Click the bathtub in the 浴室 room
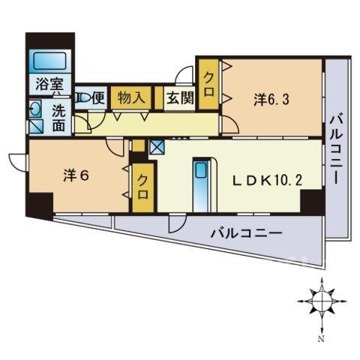[x=50, y=61]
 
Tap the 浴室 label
[x=49, y=84]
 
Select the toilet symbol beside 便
[x=82, y=98]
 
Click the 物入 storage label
[x=131, y=97]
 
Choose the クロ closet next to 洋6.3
[x=208, y=84]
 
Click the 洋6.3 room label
[x=271, y=100]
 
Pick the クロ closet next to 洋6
[x=142, y=187]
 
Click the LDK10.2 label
[x=268, y=180]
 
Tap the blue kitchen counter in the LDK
[x=201, y=185]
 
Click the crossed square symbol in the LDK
[x=157, y=146]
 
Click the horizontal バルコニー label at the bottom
[x=247, y=233]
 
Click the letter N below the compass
[x=322, y=339]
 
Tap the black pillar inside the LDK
[x=311, y=201]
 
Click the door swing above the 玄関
[x=184, y=75]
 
